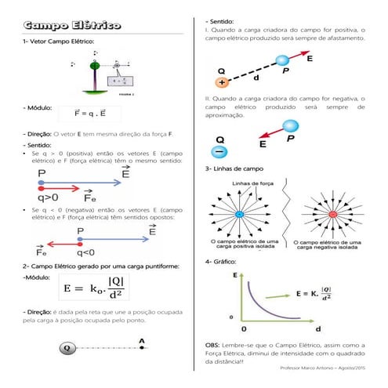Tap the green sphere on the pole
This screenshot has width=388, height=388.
tap(95, 66)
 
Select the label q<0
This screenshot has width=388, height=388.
tap(85, 253)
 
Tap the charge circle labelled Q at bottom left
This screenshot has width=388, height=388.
tap(67, 347)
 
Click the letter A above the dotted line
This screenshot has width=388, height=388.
tap(141, 340)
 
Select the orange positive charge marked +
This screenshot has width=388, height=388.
tap(223, 82)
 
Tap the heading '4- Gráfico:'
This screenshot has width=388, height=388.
tap(222, 261)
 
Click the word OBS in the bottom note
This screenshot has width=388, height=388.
tap(213, 346)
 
